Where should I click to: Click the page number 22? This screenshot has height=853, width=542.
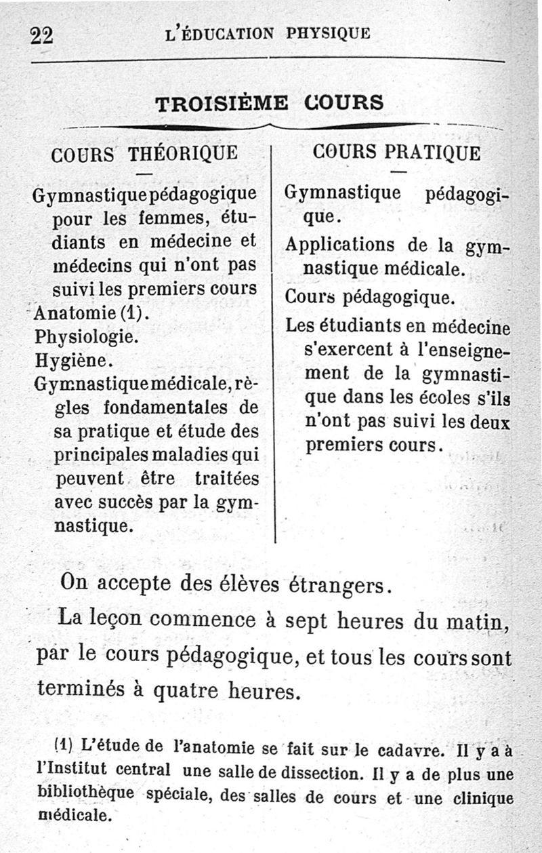tap(41, 36)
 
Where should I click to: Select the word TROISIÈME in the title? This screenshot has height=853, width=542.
tap(222, 104)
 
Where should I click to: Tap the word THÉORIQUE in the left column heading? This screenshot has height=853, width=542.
tap(183, 153)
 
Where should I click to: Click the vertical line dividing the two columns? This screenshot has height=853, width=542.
tap(274, 339)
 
